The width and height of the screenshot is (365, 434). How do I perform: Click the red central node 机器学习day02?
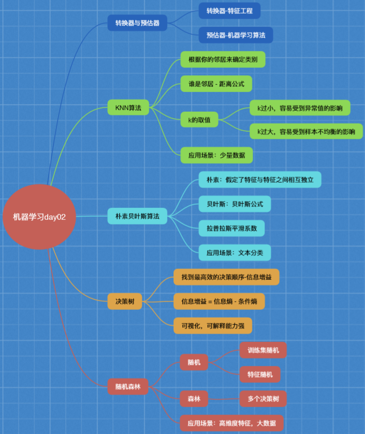[39, 217]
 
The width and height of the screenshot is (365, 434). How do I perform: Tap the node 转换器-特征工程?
[229, 11]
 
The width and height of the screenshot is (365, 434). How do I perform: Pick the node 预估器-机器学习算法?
[236, 35]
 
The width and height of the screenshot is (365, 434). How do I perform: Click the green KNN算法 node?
[128, 108]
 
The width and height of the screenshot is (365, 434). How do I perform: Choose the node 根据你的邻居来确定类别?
[223, 59]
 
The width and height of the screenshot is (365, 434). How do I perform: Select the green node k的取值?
[199, 120]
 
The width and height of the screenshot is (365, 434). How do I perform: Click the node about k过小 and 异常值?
[300, 108]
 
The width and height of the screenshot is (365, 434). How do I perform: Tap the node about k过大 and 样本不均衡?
[306, 132]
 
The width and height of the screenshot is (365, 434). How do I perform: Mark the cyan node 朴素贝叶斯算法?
[137, 216]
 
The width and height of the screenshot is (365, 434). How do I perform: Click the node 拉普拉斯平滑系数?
[235, 228]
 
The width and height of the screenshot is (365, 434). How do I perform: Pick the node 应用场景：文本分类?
[235, 252]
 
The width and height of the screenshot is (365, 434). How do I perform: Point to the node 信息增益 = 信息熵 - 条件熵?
[219, 301]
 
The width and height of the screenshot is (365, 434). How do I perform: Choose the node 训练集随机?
[263, 350]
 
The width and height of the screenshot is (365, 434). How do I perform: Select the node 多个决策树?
[263, 398]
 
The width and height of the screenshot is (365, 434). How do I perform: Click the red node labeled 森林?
[194, 398]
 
